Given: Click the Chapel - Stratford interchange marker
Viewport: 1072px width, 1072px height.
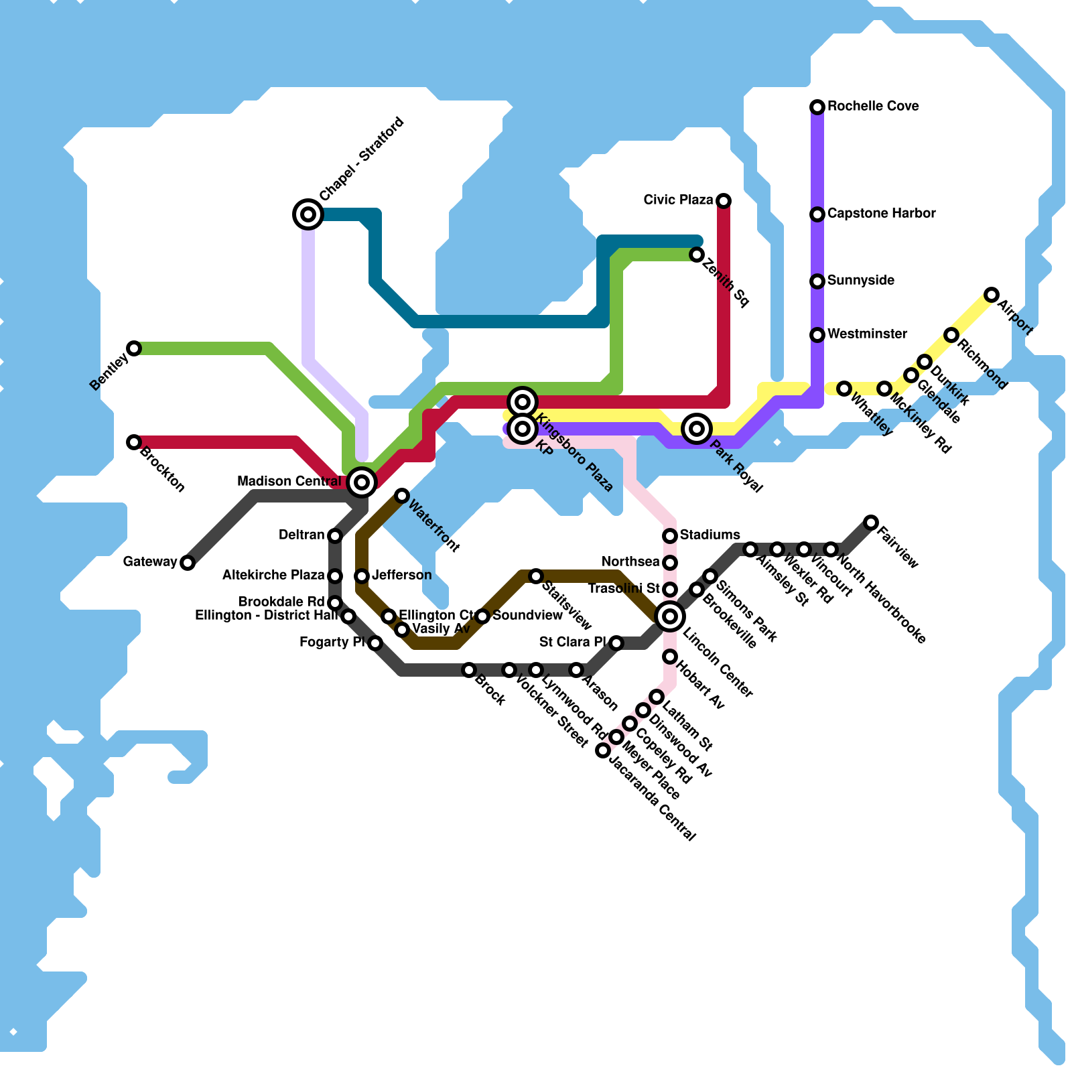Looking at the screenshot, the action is (308, 214).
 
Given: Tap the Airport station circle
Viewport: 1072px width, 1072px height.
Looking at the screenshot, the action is (992, 295).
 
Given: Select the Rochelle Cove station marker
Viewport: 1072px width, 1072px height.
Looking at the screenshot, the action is (817, 107).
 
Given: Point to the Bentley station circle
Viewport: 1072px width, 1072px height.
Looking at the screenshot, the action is (134, 348).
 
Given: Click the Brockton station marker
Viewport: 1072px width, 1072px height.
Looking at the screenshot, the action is (134, 442).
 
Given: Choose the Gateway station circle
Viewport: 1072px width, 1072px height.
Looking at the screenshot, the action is (188, 563).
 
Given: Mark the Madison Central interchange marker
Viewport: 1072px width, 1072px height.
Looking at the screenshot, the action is (362, 482).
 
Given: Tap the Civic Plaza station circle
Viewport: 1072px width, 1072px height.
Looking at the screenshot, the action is (724, 201).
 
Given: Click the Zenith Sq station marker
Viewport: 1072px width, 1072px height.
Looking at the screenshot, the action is (697, 255).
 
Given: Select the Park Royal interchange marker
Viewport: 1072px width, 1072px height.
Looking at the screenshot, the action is (697, 428).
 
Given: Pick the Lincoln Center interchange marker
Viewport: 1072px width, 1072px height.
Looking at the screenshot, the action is (670, 616).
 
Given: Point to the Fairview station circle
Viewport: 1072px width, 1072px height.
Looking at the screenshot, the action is (871, 523).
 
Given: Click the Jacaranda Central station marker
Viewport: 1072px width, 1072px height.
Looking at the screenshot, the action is (603, 750).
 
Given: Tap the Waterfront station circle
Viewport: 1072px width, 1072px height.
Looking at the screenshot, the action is (402, 496).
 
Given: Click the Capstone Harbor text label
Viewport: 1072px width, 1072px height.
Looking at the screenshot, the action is (881, 214).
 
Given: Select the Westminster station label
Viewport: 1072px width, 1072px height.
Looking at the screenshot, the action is (867, 334).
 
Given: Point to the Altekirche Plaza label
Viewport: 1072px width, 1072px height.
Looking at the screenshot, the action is (273, 576).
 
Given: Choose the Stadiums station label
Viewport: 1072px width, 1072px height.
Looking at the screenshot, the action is (710, 535).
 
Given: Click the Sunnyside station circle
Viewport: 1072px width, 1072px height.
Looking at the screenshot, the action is (817, 281).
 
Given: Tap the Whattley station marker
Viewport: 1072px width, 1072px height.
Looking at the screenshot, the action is (844, 389).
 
